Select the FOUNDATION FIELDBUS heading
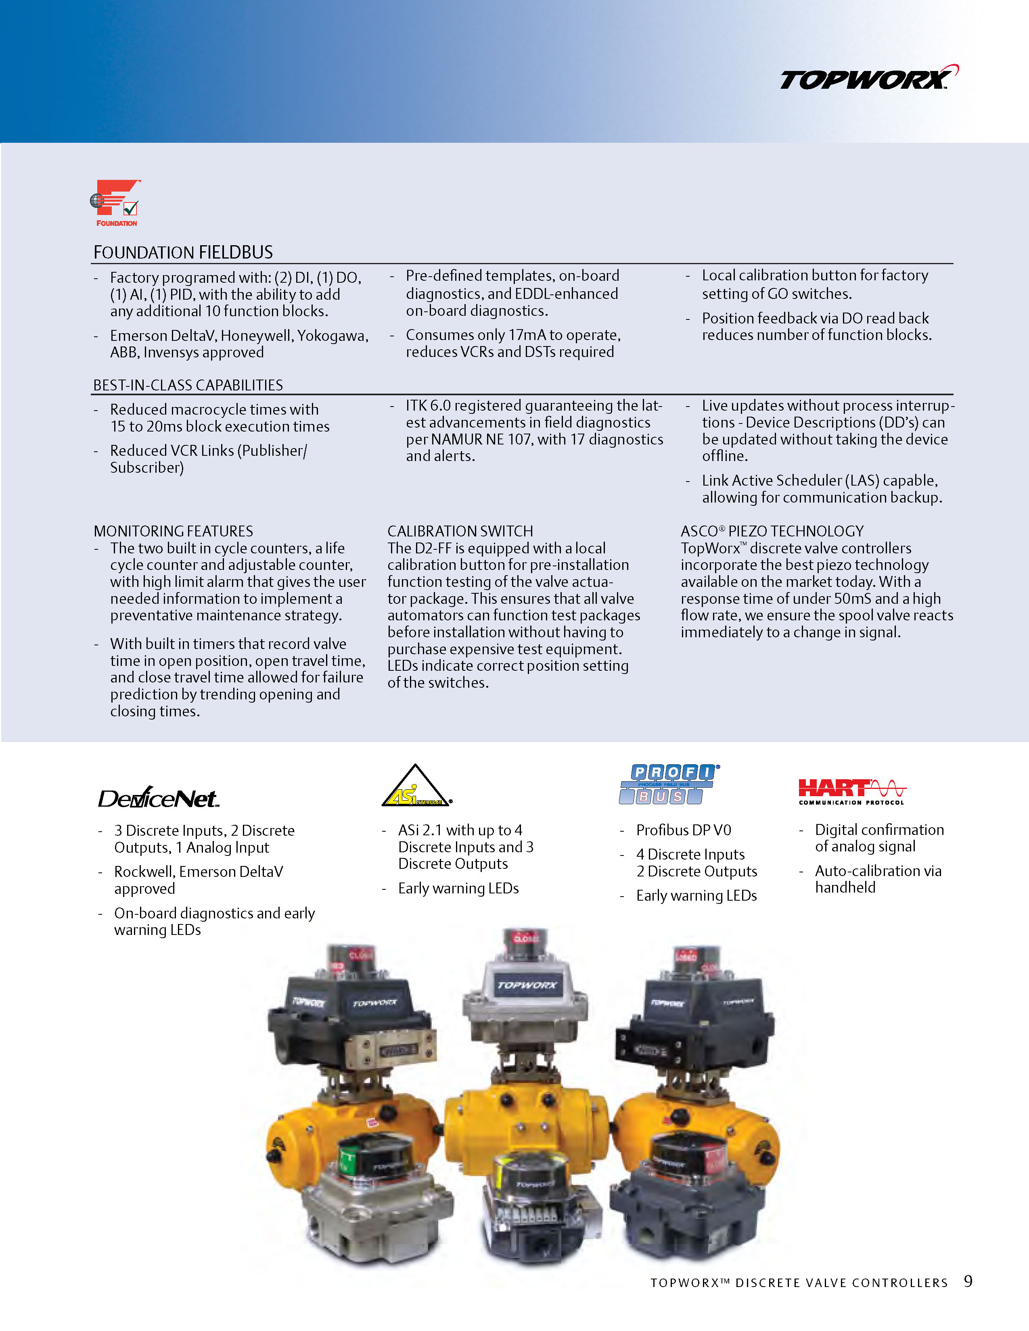pyautogui.click(x=183, y=252)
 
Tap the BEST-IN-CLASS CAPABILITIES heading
pyautogui.click(x=188, y=385)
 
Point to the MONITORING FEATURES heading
pyautogui.click(x=173, y=531)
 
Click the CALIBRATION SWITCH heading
pyautogui.click(x=460, y=531)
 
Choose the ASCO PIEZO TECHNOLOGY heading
pyautogui.click(x=772, y=531)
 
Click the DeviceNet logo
pyautogui.click(x=158, y=797)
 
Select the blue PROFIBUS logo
pyautogui.click(x=669, y=784)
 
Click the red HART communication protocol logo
pyautogui.click(x=851, y=791)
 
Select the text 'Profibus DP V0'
pyautogui.click(x=683, y=830)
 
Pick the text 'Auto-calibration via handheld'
pyautogui.click(x=878, y=879)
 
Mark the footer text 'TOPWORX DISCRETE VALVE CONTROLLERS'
pyautogui.click(x=799, y=1283)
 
